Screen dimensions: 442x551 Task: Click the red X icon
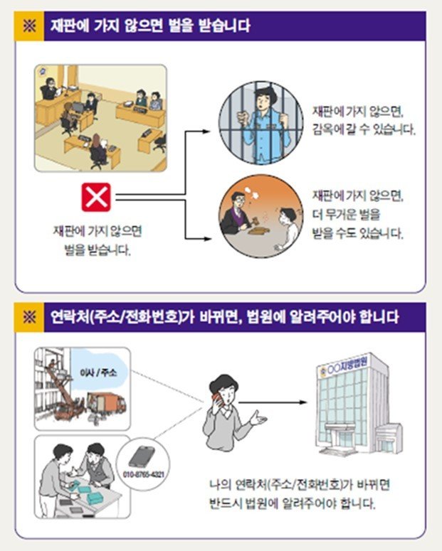[96, 197]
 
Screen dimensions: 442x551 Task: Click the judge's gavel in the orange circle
[255, 223]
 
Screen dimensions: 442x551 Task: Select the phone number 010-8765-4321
[144, 474]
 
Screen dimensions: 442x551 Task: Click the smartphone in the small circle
[142, 457]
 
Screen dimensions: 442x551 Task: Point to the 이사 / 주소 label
[98, 373]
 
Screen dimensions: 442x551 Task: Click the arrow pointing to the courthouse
[273, 402]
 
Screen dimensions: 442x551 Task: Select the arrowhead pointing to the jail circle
[206, 132]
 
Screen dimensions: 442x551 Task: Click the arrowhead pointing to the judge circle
[207, 239]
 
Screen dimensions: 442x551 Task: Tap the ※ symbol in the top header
[29, 26]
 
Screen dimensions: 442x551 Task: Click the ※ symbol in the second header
[29, 317]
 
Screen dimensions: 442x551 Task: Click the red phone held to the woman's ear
[217, 400]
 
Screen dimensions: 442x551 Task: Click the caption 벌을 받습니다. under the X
[98, 250]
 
